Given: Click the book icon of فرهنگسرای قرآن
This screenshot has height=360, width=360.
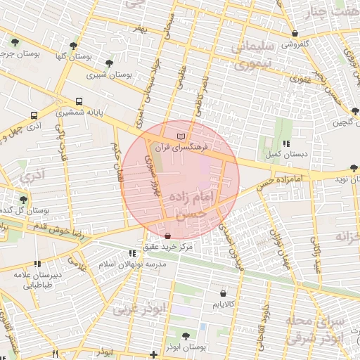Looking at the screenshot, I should pyautogui.click(x=181, y=134).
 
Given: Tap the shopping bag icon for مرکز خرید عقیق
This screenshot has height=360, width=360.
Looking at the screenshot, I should pyautogui.click(x=167, y=235).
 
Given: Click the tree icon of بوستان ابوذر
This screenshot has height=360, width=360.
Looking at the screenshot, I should pyautogui.click(x=185, y=336).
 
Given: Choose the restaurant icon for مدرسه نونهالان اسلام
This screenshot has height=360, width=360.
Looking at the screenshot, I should pyautogui.click(x=131, y=253).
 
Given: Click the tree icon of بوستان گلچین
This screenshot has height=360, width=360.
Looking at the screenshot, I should pyautogui.click(x=356, y=111).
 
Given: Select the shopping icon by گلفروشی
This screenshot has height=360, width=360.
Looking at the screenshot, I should pyautogui.click(x=295, y=33).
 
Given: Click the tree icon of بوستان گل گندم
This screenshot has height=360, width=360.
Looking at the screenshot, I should pyautogui.click(x=22, y=199).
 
